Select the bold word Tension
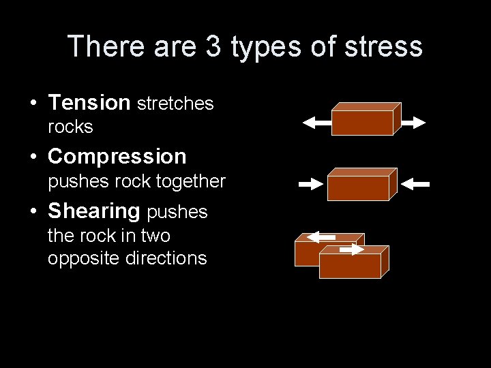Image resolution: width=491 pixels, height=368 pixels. [x=89, y=103]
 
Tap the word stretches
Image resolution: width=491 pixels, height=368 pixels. [x=175, y=104]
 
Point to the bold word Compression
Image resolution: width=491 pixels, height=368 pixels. [x=117, y=157]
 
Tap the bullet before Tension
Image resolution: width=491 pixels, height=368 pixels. [x=33, y=104]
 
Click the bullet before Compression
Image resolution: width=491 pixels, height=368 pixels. [x=33, y=157]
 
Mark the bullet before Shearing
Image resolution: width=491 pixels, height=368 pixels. [x=33, y=212]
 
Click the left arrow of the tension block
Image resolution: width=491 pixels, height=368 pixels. [x=316, y=123]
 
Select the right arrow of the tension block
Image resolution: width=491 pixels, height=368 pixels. [x=413, y=123]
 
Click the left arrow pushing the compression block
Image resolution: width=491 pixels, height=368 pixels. [x=310, y=184]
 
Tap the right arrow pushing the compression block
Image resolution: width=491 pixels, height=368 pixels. [x=415, y=184]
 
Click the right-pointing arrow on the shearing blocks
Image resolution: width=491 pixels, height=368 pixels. [x=352, y=250]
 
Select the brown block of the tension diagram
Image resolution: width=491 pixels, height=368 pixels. [x=362, y=122]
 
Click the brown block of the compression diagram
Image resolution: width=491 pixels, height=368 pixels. [x=357, y=187]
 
